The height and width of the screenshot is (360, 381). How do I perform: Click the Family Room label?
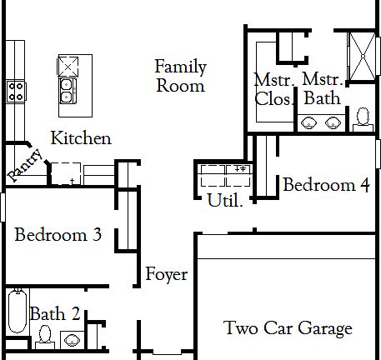[x=180, y=76]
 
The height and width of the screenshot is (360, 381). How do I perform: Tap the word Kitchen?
[x=81, y=137]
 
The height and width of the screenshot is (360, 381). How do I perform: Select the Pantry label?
[x=25, y=163]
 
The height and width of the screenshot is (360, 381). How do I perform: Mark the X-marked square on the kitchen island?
[x=68, y=64]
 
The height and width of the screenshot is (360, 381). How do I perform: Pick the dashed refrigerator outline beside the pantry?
[x=64, y=174]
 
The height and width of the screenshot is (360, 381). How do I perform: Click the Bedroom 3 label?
[x=58, y=236]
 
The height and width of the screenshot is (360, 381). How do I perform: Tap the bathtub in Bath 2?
[x=17, y=309]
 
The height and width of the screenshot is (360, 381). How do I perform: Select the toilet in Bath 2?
[x=46, y=335]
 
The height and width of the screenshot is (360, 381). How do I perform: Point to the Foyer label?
[x=166, y=274]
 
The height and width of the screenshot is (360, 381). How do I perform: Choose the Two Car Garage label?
[x=288, y=328]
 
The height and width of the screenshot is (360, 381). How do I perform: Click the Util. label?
[x=224, y=200]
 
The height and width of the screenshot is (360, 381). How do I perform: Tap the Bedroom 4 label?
[x=326, y=185]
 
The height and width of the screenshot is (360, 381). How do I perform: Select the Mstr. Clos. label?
[x=273, y=89]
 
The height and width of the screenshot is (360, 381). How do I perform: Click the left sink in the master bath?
[x=310, y=123]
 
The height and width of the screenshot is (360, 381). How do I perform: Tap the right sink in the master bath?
[x=333, y=123]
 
